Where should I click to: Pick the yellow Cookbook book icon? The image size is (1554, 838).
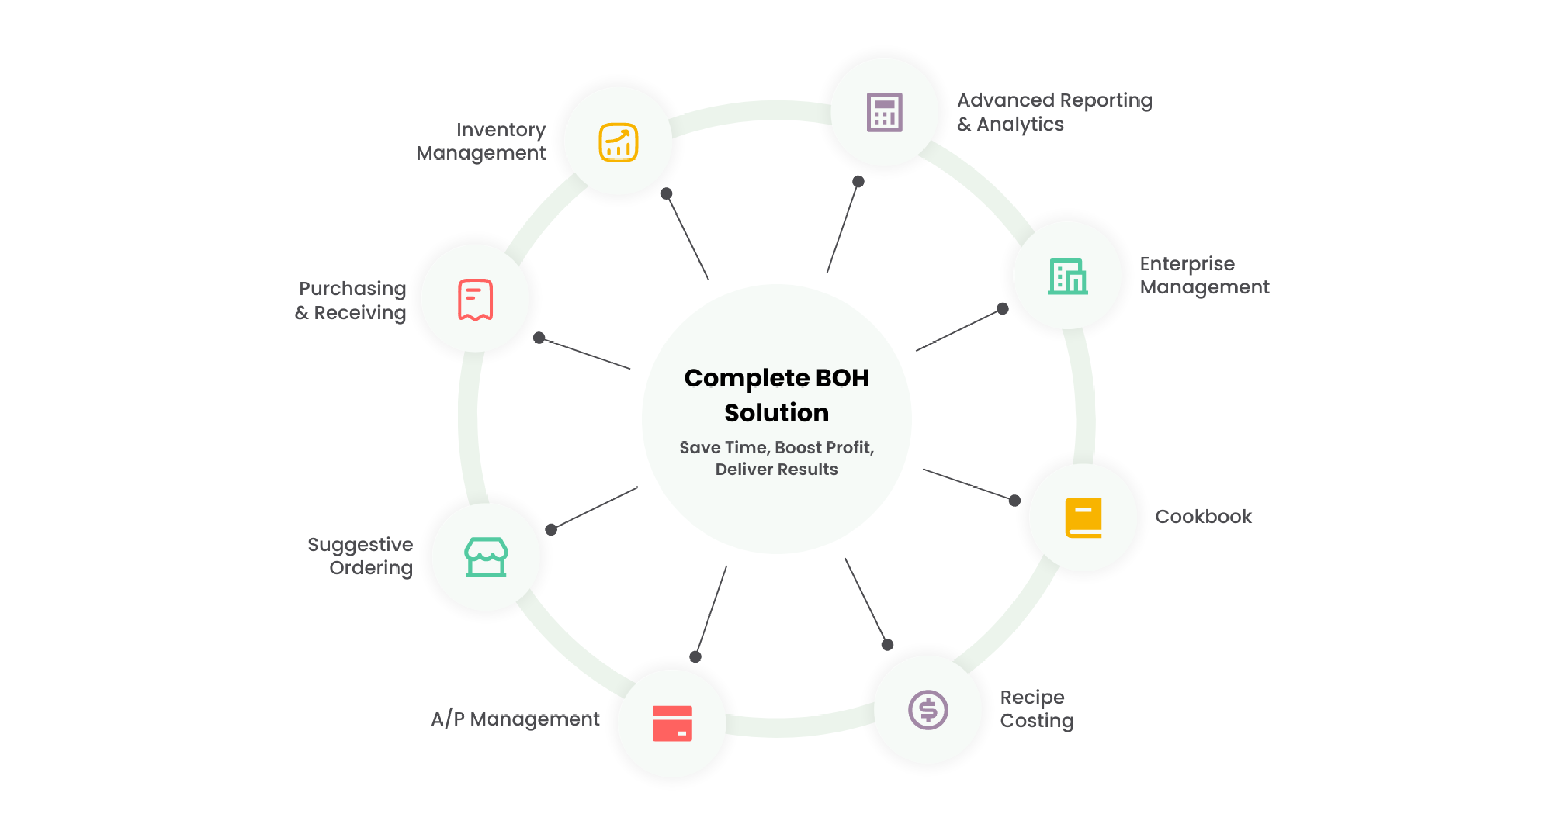(1083, 517)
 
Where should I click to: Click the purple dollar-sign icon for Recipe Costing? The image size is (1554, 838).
(928, 710)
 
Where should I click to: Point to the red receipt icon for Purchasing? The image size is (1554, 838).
(475, 300)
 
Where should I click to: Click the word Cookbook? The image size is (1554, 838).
(1203, 517)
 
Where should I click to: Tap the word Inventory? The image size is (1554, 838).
(501, 130)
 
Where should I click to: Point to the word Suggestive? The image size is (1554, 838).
(360, 544)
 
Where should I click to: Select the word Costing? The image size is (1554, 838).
(1036, 721)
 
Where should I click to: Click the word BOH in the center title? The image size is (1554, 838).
(842, 378)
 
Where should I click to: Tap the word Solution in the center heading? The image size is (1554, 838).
(776, 413)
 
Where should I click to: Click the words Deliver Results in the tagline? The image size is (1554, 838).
(776, 469)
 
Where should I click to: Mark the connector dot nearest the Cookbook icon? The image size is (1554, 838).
(1015, 500)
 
